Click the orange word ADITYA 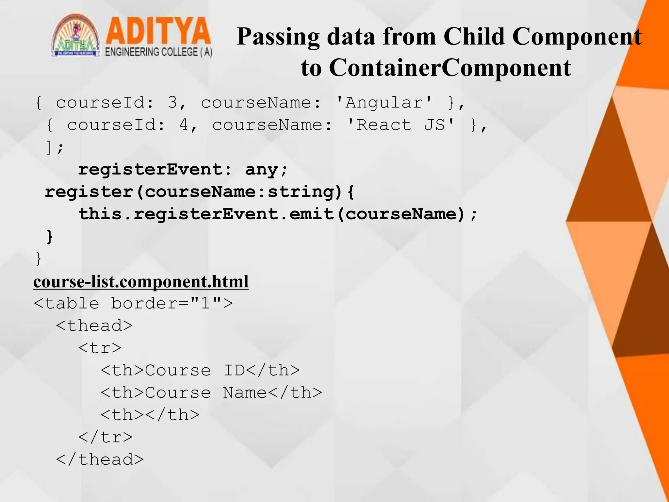click(158, 32)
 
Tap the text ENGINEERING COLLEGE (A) click(159, 52)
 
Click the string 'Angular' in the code click(384, 103)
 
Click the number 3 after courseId click(172, 103)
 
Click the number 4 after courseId click(184, 125)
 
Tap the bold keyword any click(262, 170)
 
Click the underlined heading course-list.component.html click(141, 282)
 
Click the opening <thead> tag click(94, 326)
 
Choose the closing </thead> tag click(100, 460)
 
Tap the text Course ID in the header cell click(195, 371)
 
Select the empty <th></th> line click(150, 415)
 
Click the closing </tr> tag click(106, 437)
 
